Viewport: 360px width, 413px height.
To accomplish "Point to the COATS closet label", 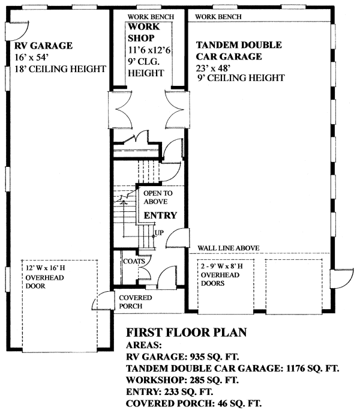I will [133, 261].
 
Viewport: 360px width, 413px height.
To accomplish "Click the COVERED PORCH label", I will [135, 302].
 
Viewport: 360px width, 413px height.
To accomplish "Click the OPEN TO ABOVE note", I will [157, 197].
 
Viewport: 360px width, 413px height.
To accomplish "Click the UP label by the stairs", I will [159, 232].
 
